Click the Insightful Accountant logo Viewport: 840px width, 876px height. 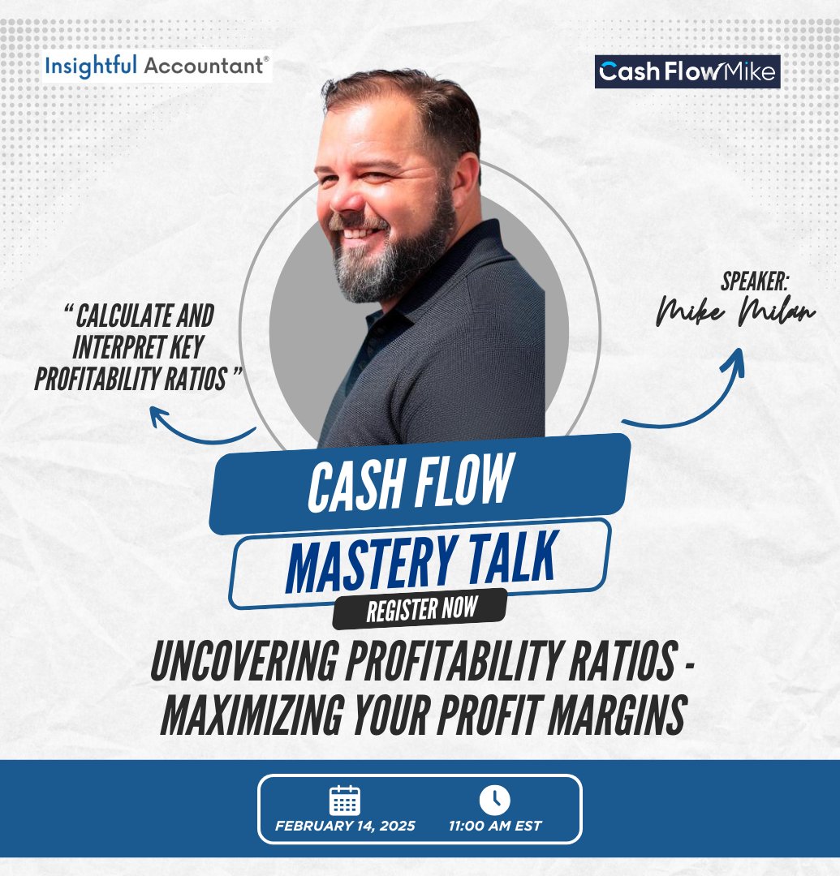[157, 67]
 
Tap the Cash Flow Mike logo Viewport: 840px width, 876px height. [687, 72]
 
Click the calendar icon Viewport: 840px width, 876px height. [344, 801]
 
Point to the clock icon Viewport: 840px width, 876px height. [494, 801]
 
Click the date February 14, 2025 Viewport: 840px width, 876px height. [345, 827]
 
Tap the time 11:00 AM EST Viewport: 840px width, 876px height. [495, 827]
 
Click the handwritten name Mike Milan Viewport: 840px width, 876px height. [735, 313]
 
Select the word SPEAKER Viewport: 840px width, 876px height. [754, 282]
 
